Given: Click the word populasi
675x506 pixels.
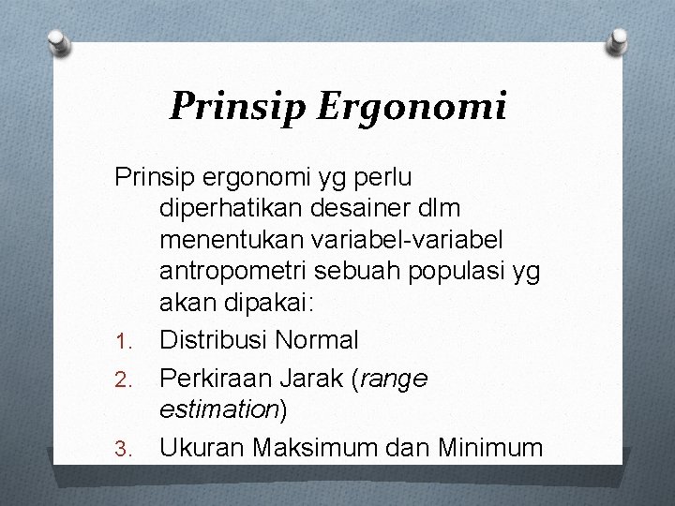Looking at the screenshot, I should tap(451, 271).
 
